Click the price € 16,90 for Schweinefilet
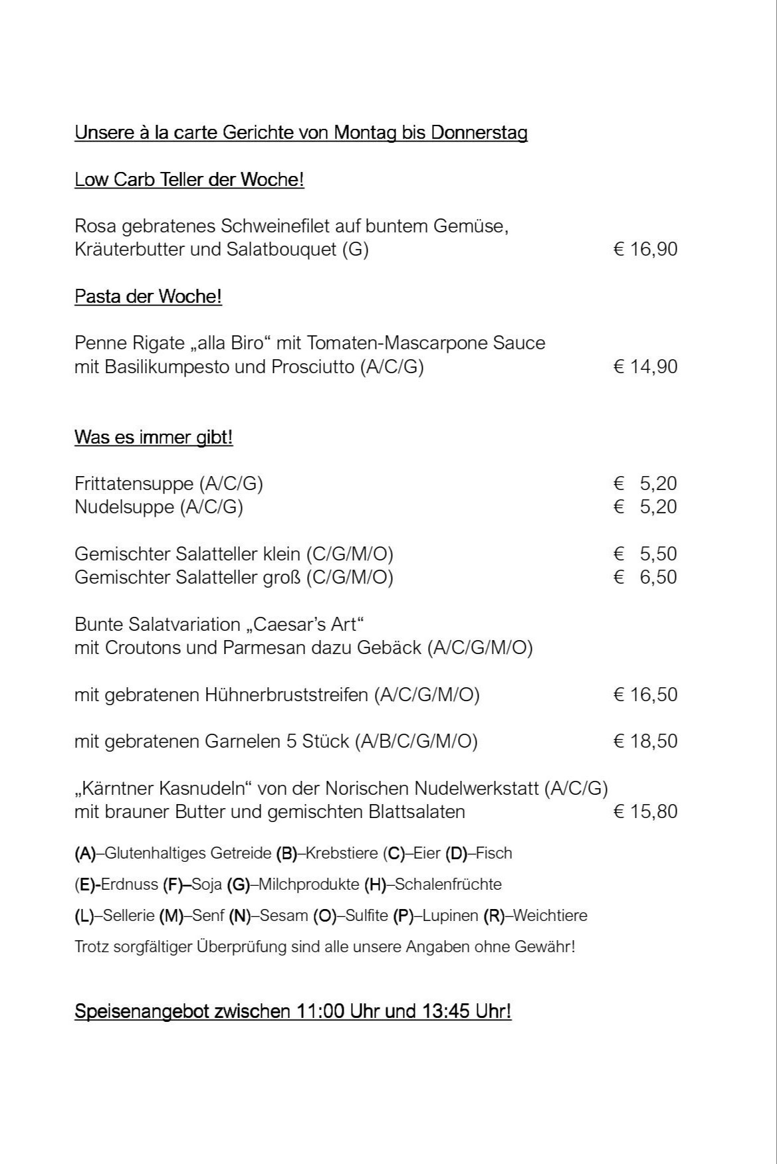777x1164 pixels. pyautogui.click(x=645, y=250)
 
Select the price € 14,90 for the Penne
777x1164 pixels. pyautogui.click(x=645, y=367)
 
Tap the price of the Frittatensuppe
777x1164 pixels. pyautogui.click(x=645, y=483)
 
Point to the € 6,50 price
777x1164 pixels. pyautogui.click(x=645, y=577)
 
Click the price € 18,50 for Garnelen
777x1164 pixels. pyautogui.click(x=645, y=741)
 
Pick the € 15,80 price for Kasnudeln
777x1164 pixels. pyautogui.click(x=645, y=811)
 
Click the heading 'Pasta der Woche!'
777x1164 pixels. pyautogui.click(x=148, y=297)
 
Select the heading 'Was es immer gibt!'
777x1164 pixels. pyautogui.click(x=154, y=438)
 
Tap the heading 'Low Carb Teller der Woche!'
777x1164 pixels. pyautogui.click(x=189, y=180)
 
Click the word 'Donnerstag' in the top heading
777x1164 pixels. pyautogui.click(x=479, y=133)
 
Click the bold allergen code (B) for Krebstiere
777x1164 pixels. pyautogui.click(x=286, y=853)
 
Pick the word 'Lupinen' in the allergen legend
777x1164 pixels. pyautogui.click(x=450, y=916)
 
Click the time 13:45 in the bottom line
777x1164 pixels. pyautogui.click(x=445, y=1011)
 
